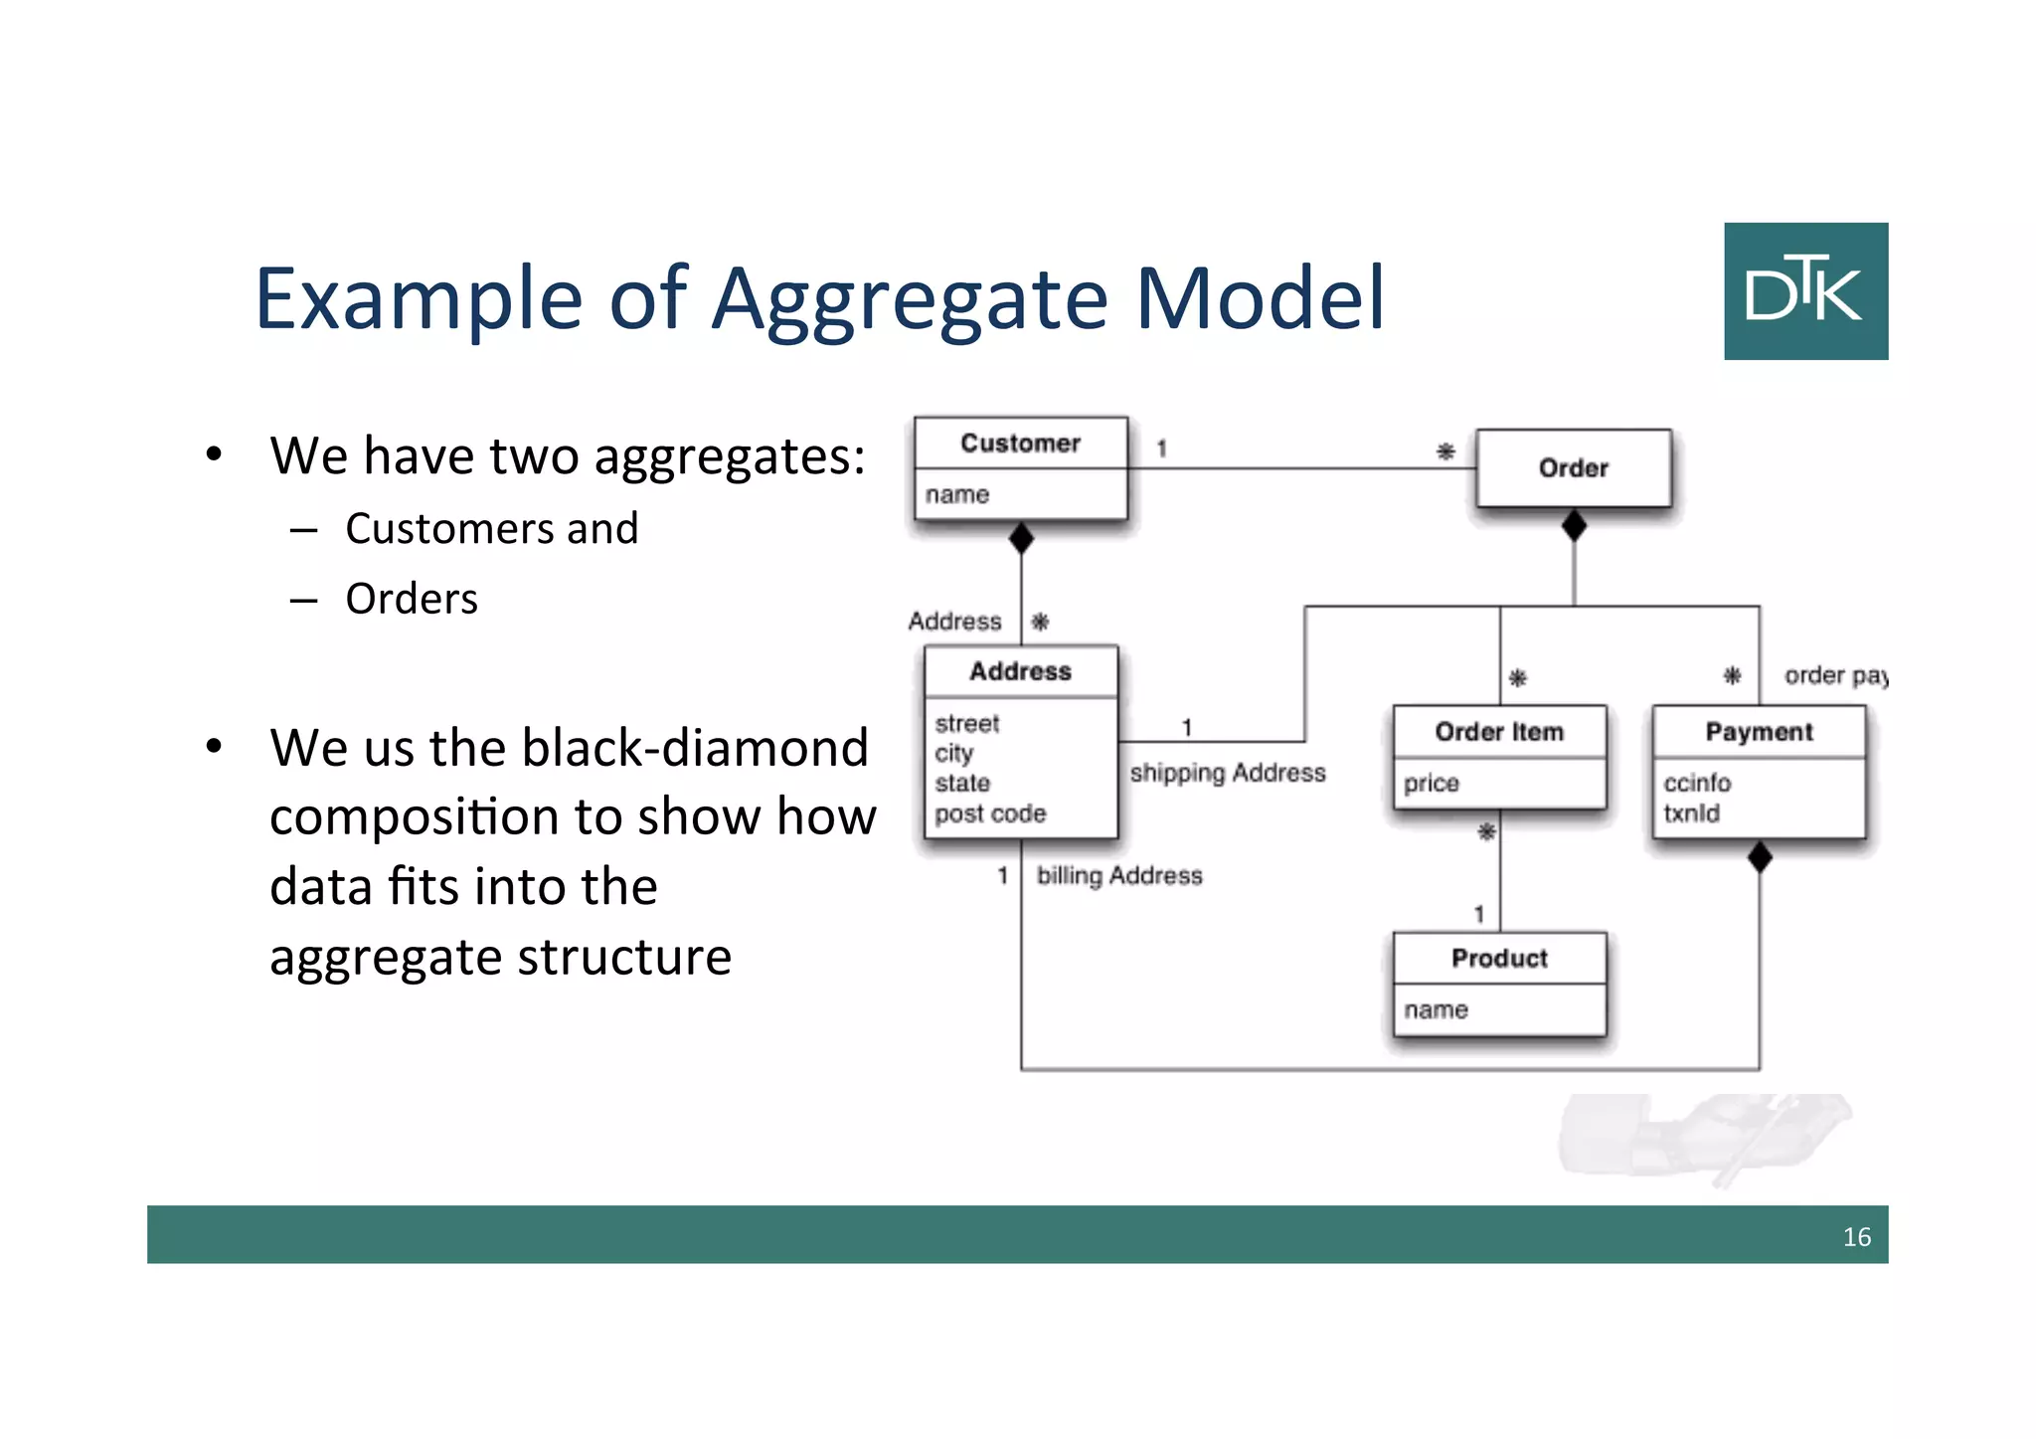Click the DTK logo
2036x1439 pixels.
point(1805,290)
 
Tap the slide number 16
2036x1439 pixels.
point(1856,1236)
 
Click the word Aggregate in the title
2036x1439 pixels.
point(910,299)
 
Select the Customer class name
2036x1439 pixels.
point(1020,443)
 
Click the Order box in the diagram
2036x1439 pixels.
point(1573,467)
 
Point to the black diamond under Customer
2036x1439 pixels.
point(1021,538)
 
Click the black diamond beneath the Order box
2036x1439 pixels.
point(1574,525)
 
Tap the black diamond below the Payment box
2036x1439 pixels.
point(1760,856)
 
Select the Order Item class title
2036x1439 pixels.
point(1499,732)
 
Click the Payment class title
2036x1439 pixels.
point(1759,732)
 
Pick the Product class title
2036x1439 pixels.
point(1499,958)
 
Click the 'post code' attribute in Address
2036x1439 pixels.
point(990,813)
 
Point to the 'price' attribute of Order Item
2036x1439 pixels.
point(1431,783)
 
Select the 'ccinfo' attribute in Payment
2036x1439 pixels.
point(1697,783)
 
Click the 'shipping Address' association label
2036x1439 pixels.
point(1228,773)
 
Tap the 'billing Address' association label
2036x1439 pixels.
point(1119,875)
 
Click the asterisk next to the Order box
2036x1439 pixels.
point(1445,451)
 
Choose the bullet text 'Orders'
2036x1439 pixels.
point(412,599)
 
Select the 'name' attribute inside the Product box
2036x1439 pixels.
point(1436,1009)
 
